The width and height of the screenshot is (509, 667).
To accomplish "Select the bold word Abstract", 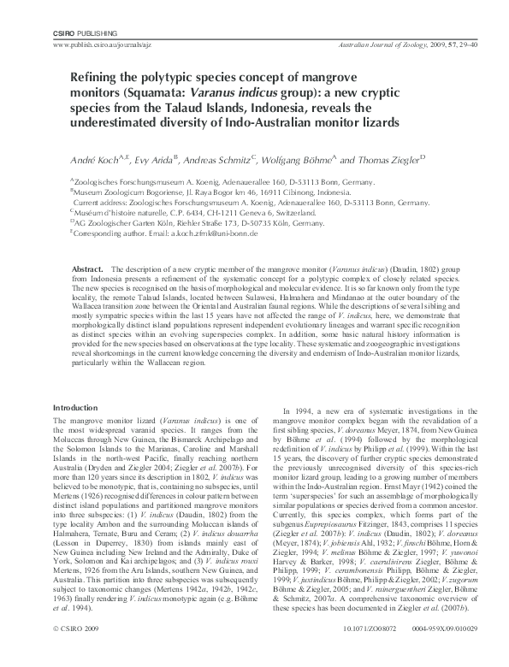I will coord(90,268).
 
